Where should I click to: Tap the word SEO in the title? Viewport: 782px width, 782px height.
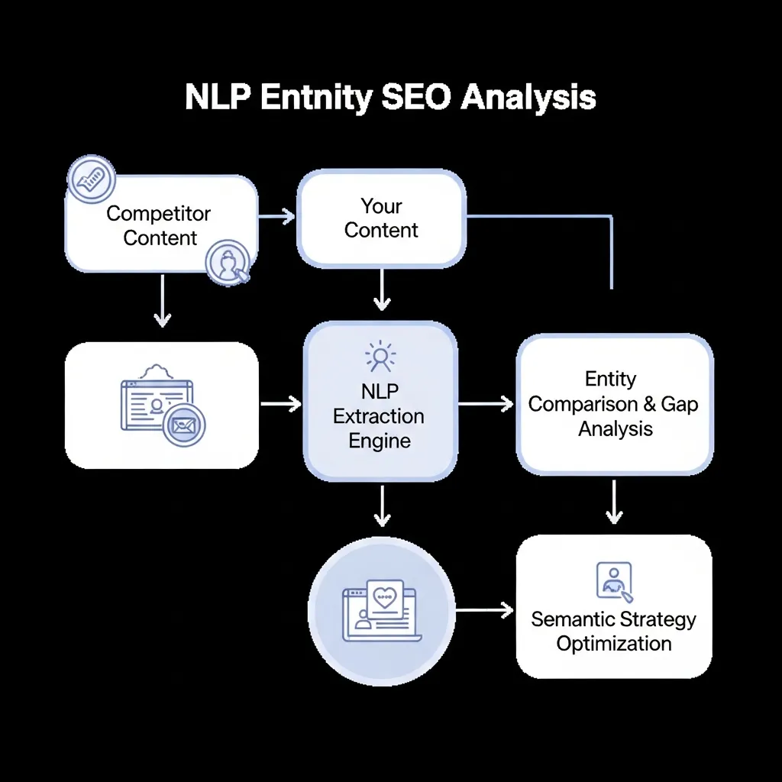pyautogui.click(x=412, y=99)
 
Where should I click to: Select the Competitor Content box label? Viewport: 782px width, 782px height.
pyautogui.click(x=160, y=225)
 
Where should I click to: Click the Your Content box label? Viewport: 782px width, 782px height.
pyautogui.click(x=381, y=218)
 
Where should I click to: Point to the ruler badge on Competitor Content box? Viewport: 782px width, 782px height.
pyautogui.click(x=91, y=180)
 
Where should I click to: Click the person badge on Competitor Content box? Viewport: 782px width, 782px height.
pyautogui.click(x=228, y=263)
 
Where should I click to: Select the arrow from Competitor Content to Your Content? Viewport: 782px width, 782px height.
pyautogui.click(x=276, y=216)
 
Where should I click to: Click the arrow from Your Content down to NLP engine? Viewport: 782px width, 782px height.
pyautogui.click(x=382, y=291)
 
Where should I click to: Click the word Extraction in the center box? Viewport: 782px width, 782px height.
pyautogui.click(x=380, y=417)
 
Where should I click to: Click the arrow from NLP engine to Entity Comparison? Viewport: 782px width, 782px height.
pyautogui.click(x=486, y=404)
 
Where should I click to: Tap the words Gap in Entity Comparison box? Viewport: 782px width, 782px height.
pyautogui.click(x=680, y=404)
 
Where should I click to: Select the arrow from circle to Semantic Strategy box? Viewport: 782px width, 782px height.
pyautogui.click(x=484, y=609)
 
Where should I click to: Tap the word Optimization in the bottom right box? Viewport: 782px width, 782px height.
pyautogui.click(x=614, y=643)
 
